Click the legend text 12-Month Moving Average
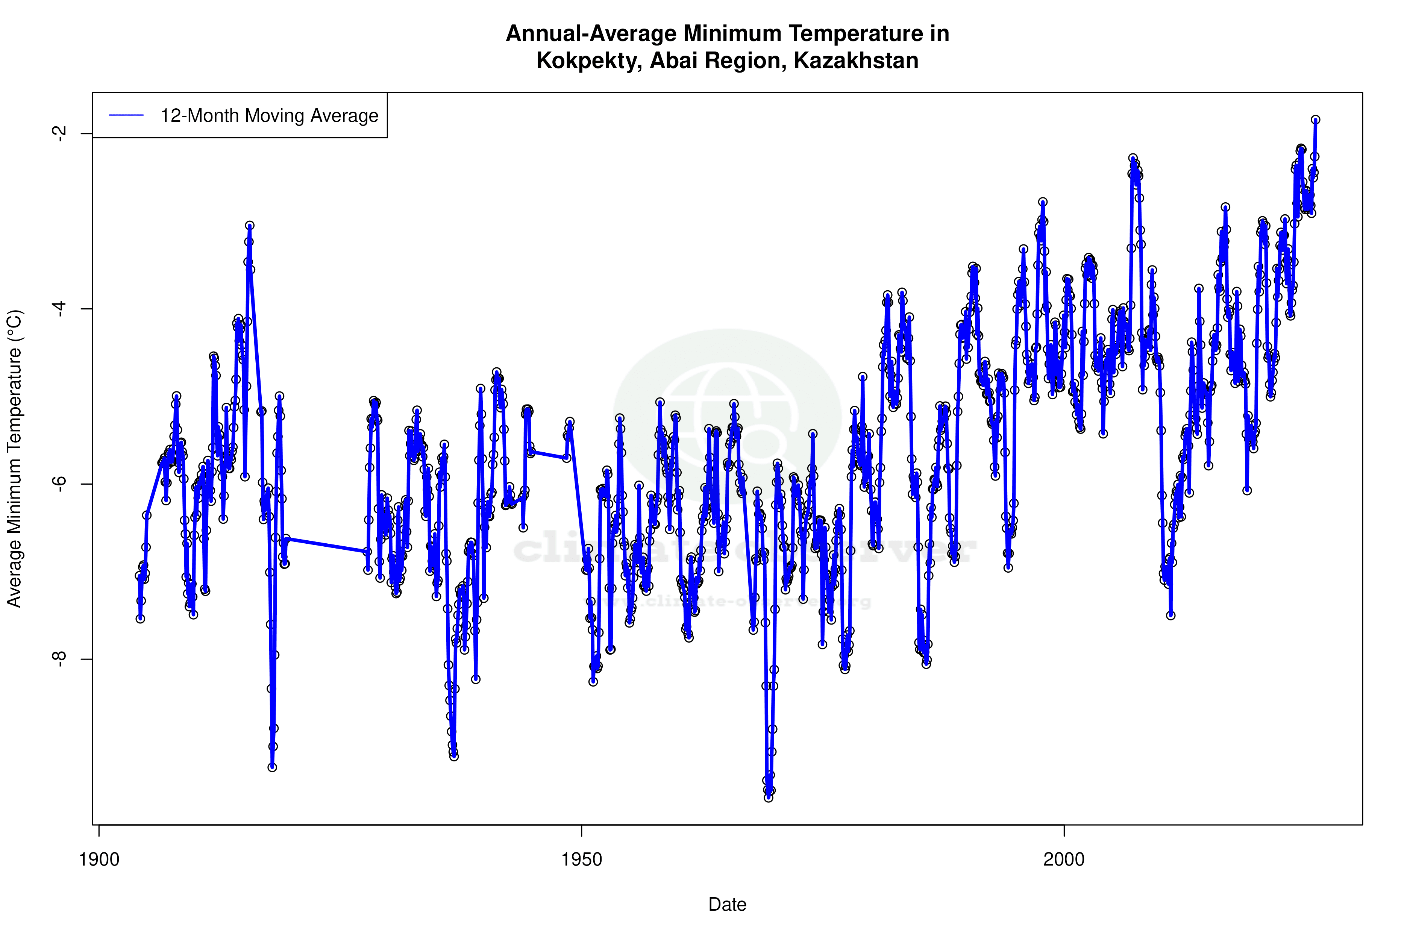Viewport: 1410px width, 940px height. pos(269,116)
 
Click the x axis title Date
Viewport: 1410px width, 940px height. pos(727,905)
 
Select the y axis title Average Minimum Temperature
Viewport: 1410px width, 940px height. pos(14,459)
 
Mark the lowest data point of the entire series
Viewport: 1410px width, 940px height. pos(769,798)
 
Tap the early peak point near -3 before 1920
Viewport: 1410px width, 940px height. pos(249,225)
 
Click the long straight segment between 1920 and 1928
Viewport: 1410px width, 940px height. pos(327,545)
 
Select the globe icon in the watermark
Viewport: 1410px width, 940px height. pos(727,414)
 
